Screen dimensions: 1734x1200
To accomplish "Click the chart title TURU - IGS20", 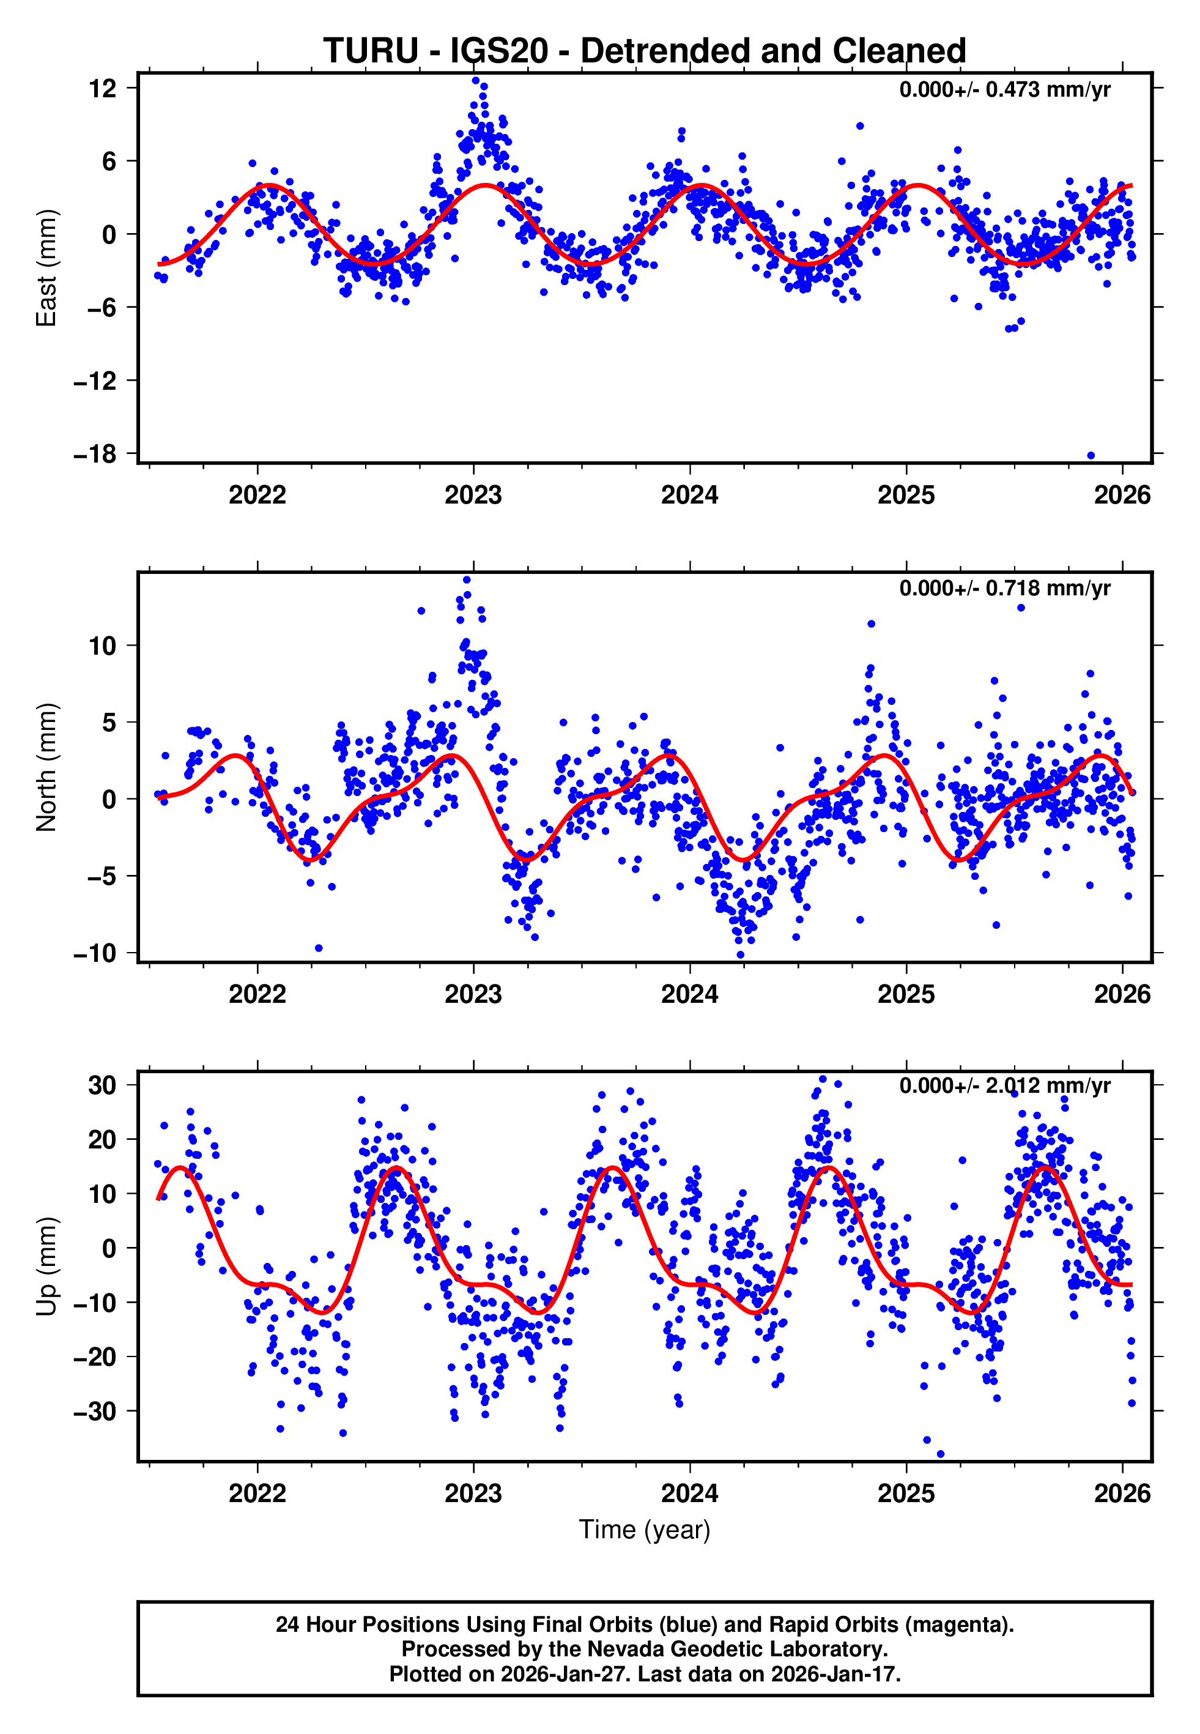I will click(x=645, y=51).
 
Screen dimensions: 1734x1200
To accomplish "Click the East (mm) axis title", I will click(x=46, y=268).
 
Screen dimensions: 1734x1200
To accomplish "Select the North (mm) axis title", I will click(x=46, y=767).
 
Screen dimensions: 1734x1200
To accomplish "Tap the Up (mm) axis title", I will click(x=46, y=1267).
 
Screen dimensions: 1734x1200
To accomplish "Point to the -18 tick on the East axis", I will click(x=95, y=454).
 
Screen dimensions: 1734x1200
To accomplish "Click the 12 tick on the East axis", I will click(x=103, y=89).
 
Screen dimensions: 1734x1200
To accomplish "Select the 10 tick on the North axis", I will click(x=103, y=645).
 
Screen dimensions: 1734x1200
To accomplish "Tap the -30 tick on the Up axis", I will click(x=95, y=1412).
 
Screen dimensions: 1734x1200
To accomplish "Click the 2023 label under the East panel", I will click(x=473, y=496).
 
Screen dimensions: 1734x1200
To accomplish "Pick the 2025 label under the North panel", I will click(x=906, y=995).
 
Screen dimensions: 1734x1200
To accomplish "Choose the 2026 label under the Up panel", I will click(x=1122, y=1494).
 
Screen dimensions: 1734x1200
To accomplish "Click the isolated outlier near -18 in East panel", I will click(x=1091, y=456).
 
